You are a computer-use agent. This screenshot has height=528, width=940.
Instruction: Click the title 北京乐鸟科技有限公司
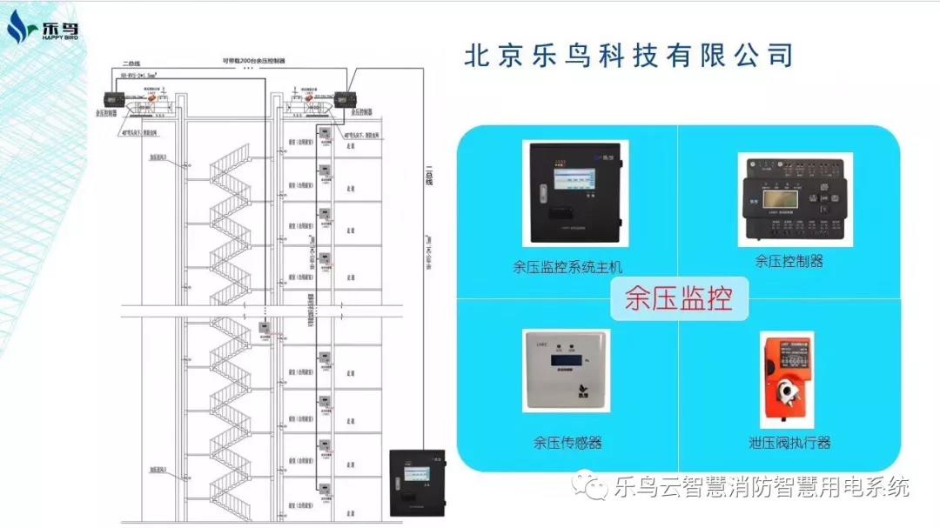point(628,55)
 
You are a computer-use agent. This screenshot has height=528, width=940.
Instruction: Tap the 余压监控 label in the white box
point(678,298)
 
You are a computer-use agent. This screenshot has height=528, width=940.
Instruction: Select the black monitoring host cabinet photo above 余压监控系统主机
point(575,193)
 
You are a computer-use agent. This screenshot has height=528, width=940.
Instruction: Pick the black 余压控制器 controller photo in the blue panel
point(794,199)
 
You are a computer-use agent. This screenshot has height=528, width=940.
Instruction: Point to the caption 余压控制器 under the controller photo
point(789,260)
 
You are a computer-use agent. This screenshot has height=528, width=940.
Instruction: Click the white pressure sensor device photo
point(566,371)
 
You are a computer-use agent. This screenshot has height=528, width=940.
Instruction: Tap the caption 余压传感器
point(567,442)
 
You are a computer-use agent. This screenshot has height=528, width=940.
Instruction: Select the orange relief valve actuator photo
point(785,378)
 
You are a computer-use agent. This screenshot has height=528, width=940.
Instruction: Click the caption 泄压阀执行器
point(789,442)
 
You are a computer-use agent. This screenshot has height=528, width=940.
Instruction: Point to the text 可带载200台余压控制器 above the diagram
point(252,62)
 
